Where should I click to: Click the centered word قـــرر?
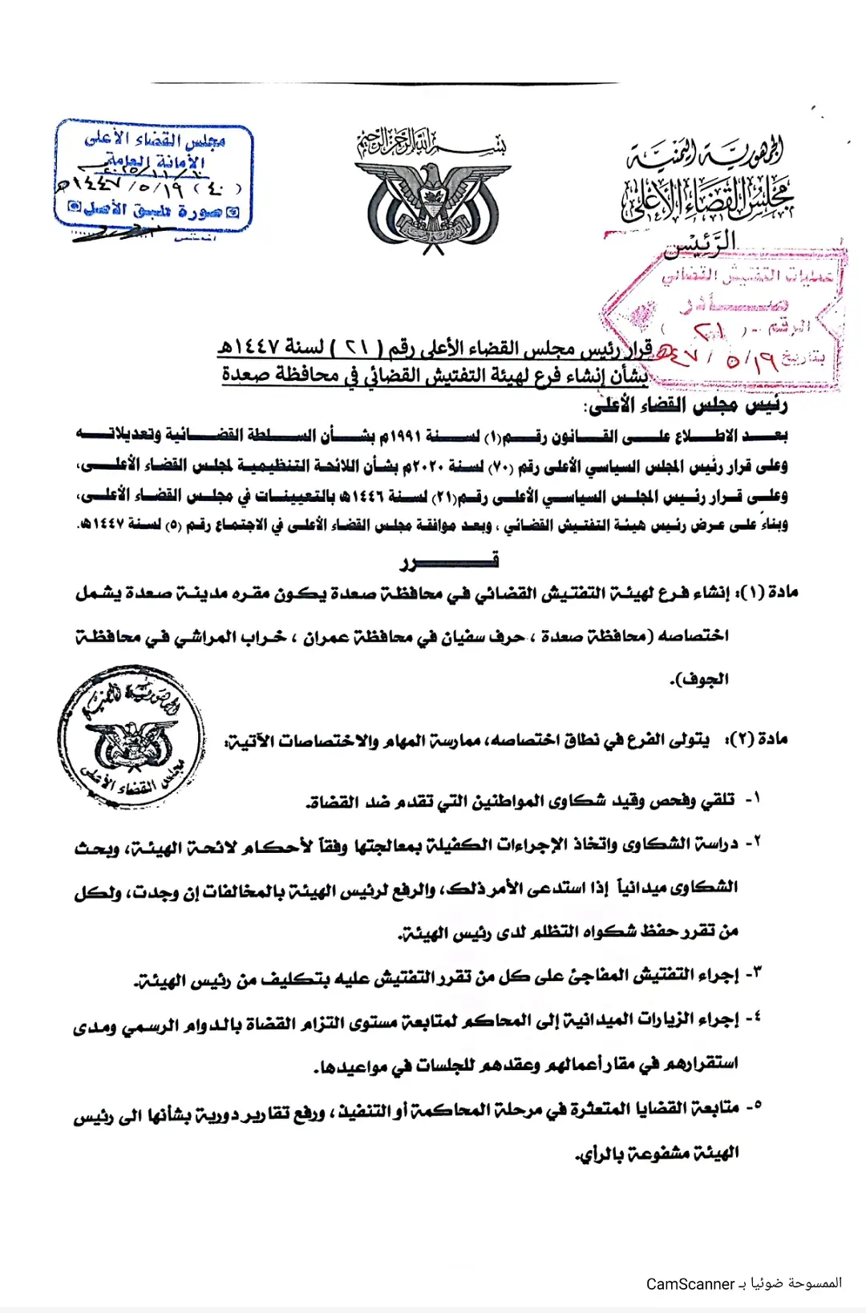(x=448, y=560)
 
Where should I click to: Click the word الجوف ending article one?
(x=701, y=680)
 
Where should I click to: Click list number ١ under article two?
(x=753, y=799)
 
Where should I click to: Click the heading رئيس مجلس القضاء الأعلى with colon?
(x=688, y=406)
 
